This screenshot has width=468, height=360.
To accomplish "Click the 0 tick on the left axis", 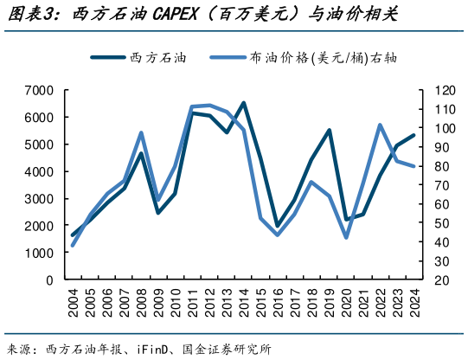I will [x=50, y=280].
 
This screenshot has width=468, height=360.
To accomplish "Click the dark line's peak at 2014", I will [x=243, y=103].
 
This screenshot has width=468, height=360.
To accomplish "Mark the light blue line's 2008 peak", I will [x=141, y=132].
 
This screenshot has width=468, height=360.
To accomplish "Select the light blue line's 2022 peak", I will [x=381, y=125].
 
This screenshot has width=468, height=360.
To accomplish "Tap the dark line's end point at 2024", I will [x=414, y=135].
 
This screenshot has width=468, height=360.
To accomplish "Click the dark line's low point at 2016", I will [x=278, y=227].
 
